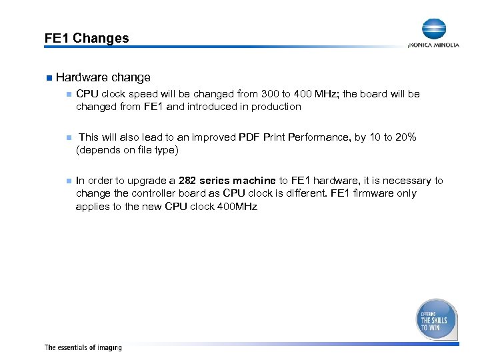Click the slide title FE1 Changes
[x=87, y=38]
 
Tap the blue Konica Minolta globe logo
[x=433, y=29]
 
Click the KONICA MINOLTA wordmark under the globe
[x=433, y=45]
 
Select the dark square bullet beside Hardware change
[x=48, y=78]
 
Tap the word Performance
[x=319, y=137]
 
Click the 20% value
[x=406, y=137]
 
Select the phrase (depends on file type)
[x=127, y=150]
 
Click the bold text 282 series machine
[x=227, y=181]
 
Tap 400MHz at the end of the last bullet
[x=234, y=206]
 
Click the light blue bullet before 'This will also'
[x=67, y=137]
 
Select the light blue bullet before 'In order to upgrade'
[x=67, y=181]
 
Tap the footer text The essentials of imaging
[x=83, y=347]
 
